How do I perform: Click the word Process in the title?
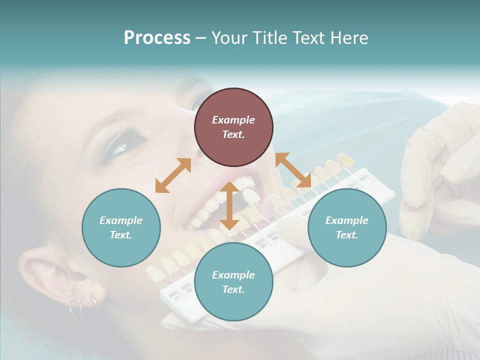157,38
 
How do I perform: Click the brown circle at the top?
233,127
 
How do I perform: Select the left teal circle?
121,227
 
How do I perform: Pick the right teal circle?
347,227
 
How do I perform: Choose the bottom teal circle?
233,282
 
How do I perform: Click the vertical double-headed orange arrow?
229,205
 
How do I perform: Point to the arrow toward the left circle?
173,175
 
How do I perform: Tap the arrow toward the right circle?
293,170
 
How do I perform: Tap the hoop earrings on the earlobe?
82,307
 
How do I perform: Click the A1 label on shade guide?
177,298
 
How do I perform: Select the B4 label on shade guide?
274,238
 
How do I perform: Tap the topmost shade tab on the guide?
345,159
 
